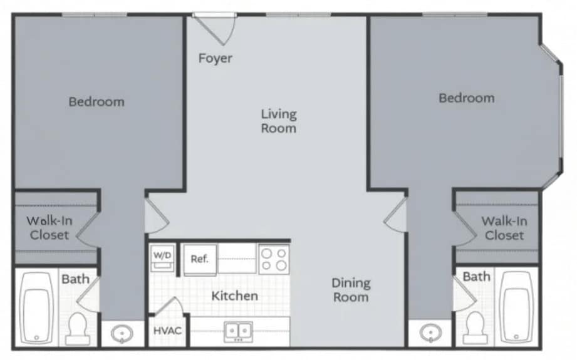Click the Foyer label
215,58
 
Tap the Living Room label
279,121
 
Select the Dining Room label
350,290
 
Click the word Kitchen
234,296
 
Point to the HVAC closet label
167,330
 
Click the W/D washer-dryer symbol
162,258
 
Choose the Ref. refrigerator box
199,259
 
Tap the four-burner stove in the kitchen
274,259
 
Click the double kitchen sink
239,330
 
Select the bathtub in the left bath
37,307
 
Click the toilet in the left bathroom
78,328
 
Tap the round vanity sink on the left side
121,334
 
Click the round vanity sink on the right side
430,332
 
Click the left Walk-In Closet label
49,228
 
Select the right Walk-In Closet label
504,228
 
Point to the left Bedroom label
96,101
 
